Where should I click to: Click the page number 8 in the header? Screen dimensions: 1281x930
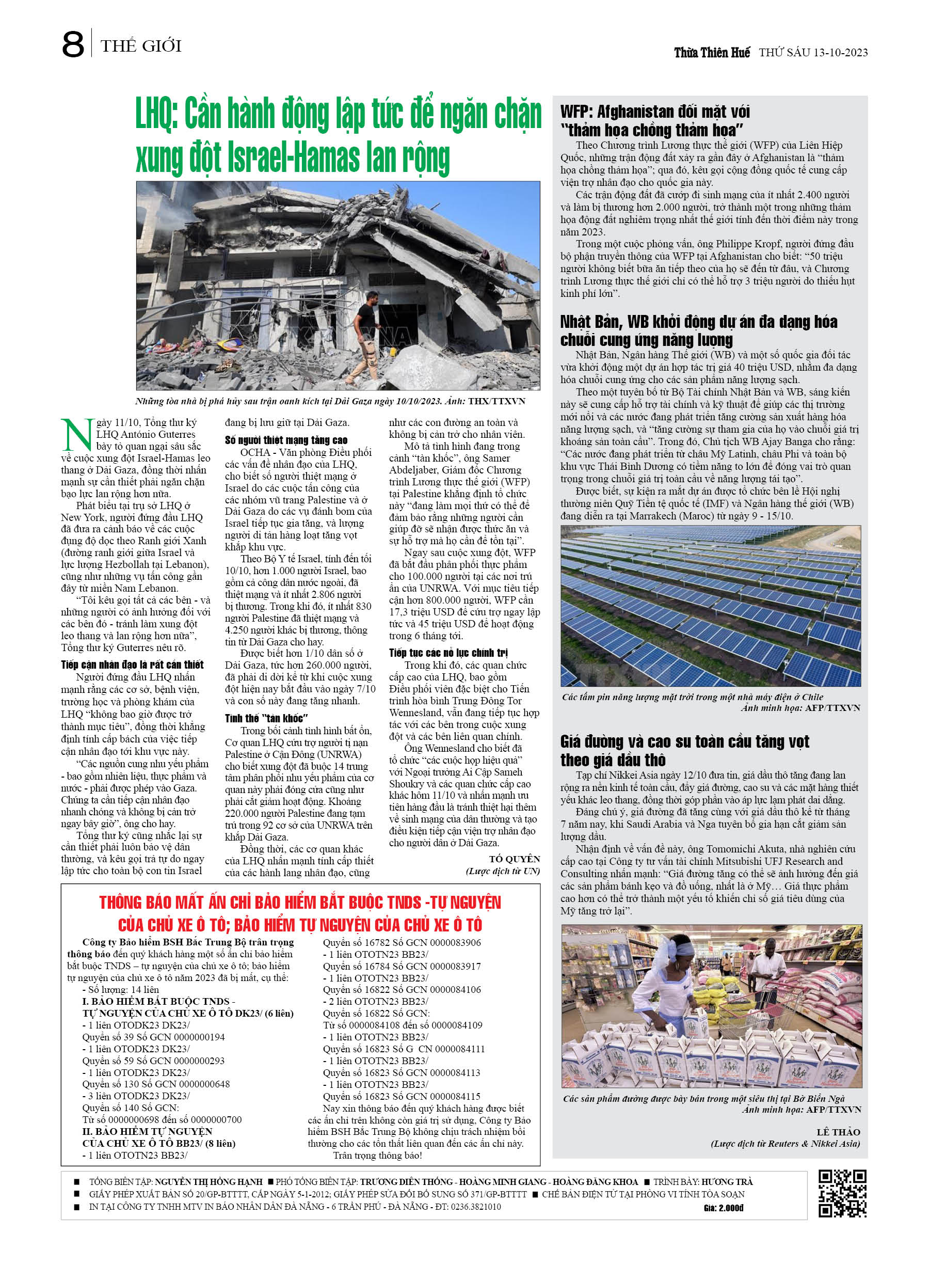tap(73, 44)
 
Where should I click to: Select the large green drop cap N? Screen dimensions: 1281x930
tap(76, 434)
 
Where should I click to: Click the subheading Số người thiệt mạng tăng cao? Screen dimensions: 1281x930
tap(286, 440)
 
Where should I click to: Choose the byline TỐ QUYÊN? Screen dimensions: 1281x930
tap(514, 859)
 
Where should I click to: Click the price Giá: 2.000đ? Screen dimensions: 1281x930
tap(724, 1208)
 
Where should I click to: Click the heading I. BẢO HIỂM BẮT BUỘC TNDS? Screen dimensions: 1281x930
tap(159, 1002)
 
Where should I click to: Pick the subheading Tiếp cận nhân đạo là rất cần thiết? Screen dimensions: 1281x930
tap(132, 665)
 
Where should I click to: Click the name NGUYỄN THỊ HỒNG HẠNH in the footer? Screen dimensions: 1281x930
tap(209, 1181)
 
